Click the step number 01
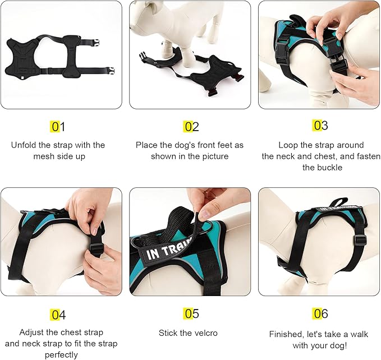(58, 127)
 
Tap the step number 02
(191, 127)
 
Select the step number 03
(320, 125)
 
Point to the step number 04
(58, 315)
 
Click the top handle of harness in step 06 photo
(337, 202)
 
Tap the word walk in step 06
(357, 334)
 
